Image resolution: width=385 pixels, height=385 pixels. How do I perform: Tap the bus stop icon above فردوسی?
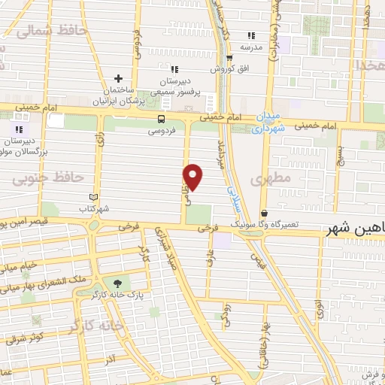(x=162, y=119)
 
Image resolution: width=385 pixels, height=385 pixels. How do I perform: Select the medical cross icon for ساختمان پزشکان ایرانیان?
(x=118, y=78)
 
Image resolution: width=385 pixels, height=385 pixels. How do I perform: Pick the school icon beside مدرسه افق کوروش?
(x=251, y=35)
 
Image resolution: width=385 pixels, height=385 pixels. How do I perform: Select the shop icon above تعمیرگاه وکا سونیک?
(x=264, y=214)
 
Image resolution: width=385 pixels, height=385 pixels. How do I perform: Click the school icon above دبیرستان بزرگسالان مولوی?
(x=19, y=129)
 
